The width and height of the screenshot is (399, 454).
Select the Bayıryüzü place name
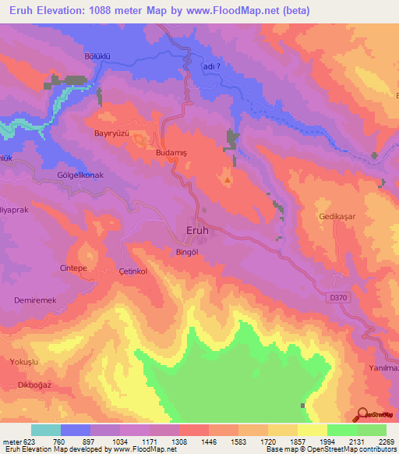tap(110, 133)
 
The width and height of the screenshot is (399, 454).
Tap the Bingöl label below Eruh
tap(189, 252)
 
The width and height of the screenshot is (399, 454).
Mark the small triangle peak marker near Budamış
tap(228, 180)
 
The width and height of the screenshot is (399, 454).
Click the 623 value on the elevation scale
tap(23, 441)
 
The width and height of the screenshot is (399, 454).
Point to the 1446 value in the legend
tap(209, 441)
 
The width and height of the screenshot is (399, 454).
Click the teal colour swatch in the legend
tap(46, 430)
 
